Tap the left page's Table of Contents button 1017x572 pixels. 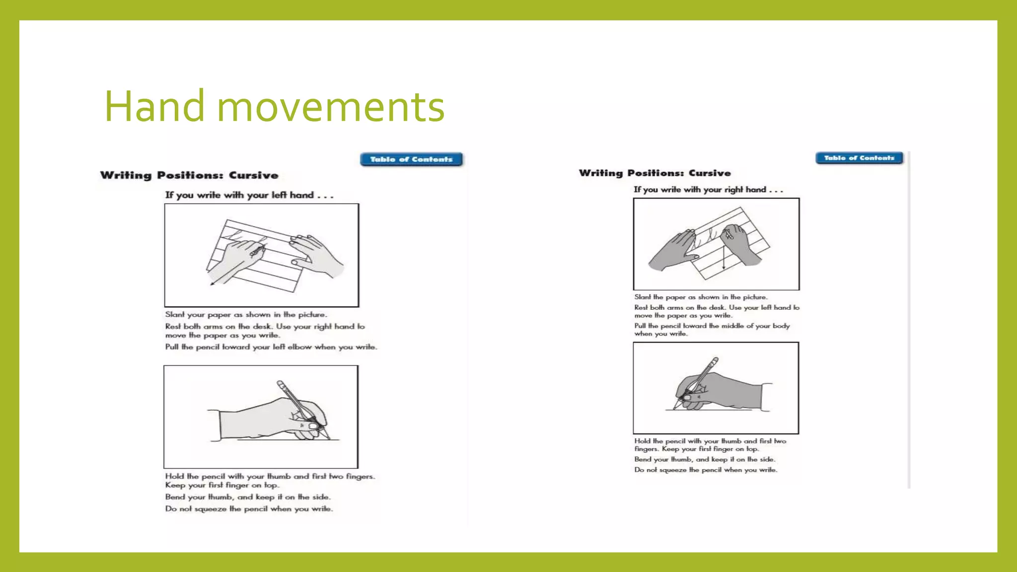click(x=411, y=159)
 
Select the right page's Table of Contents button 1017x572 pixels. click(x=859, y=158)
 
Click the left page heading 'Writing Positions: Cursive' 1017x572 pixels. click(x=189, y=175)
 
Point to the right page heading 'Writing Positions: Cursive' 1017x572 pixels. click(x=654, y=173)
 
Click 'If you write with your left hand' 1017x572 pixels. click(x=239, y=195)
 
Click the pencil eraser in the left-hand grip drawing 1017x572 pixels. click(x=281, y=384)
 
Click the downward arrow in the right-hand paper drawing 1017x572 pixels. click(x=724, y=250)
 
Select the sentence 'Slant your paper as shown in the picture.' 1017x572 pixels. click(x=246, y=314)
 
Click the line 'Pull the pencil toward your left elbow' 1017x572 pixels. click(x=271, y=347)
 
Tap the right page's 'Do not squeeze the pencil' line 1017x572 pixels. click(x=706, y=470)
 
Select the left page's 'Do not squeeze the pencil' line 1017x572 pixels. click(x=249, y=508)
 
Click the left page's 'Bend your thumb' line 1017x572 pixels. click(x=247, y=497)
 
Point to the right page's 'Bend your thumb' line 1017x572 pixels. click(x=704, y=459)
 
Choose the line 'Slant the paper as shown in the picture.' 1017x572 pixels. click(x=701, y=297)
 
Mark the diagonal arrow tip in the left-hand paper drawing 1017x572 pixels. click(x=211, y=285)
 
